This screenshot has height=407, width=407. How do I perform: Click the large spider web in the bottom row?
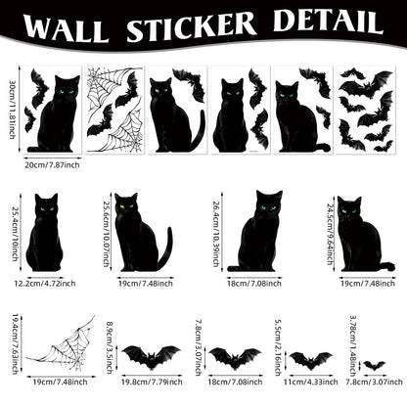(x=59, y=346)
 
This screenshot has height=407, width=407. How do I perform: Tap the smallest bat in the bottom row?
(x=373, y=365)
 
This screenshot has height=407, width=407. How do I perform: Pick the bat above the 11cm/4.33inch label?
(x=310, y=361)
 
